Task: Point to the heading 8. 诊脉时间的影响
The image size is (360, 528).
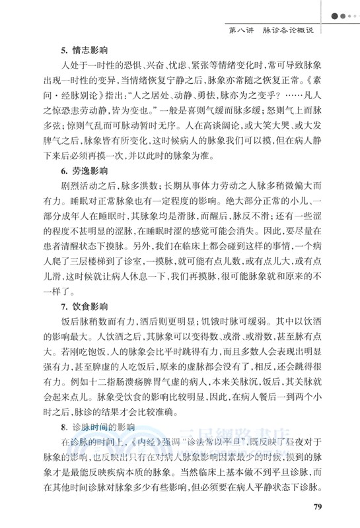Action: coord(92,427)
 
